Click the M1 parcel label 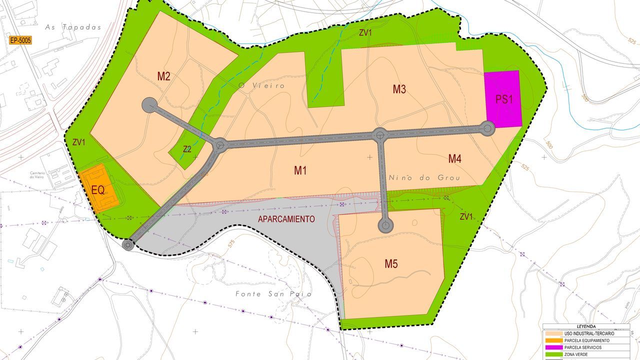(300, 170)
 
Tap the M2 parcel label (164, 76)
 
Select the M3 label (399, 89)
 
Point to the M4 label (454, 159)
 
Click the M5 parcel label (391, 264)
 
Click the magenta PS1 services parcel (503, 99)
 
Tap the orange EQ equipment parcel (98, 190)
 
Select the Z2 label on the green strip (187, 149)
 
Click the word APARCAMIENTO (286, 219)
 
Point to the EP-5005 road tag (20, 40)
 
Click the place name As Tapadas (73, 27)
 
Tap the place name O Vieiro (261, 85)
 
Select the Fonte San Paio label (273, 294)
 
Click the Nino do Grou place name (423, 177)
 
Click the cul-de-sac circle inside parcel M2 (149, 105)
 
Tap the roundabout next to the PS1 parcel (487, 128)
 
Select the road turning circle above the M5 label (385, 225)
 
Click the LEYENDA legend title (586, 326)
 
